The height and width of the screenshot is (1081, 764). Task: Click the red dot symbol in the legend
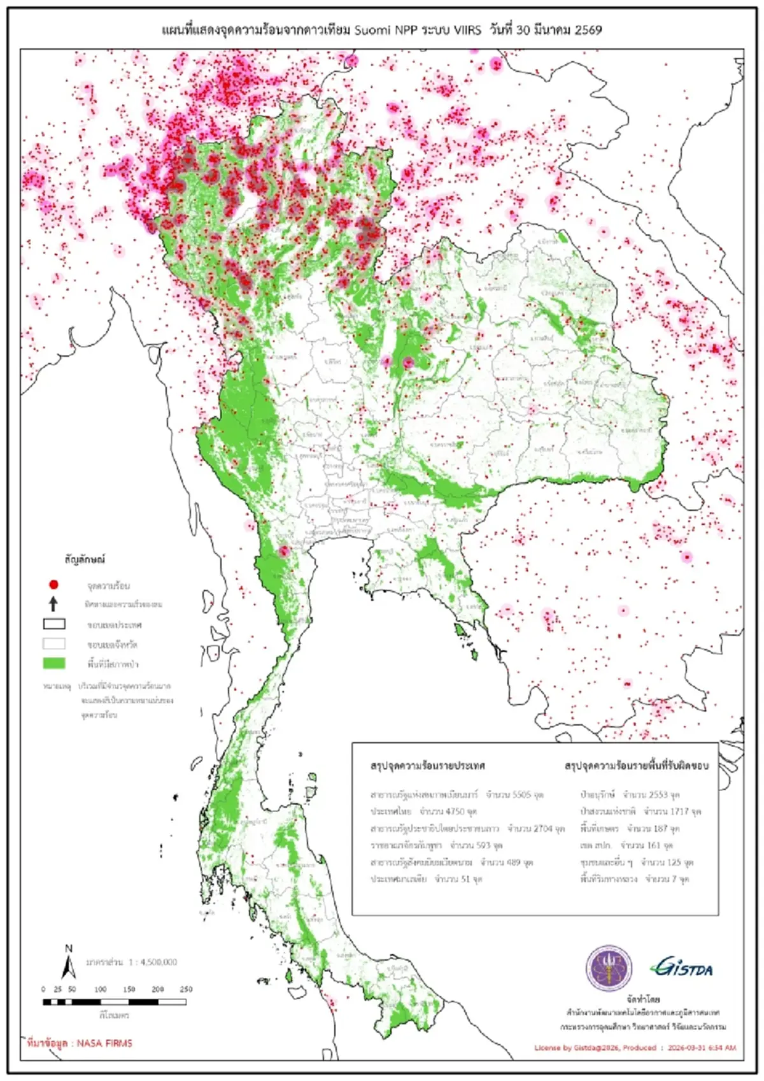pos(54,584)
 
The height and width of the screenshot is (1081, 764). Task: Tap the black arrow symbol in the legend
pos(54,603)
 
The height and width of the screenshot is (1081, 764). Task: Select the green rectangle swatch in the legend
pos(54,663)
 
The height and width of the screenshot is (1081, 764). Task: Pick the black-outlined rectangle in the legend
pos(54,624)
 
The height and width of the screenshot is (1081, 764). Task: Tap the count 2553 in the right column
pos(658,795)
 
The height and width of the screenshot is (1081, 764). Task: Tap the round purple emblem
pos(609,968)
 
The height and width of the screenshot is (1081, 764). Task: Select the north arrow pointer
pos(69,967)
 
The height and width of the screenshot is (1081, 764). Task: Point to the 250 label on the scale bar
pos(186,989)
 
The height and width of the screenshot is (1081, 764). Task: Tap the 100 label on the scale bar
pos(101,989)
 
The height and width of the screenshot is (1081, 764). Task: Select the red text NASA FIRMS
pos(104,1043)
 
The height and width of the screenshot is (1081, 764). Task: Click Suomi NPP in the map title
pos(386,30)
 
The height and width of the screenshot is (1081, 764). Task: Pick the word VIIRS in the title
pos(467,30)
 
